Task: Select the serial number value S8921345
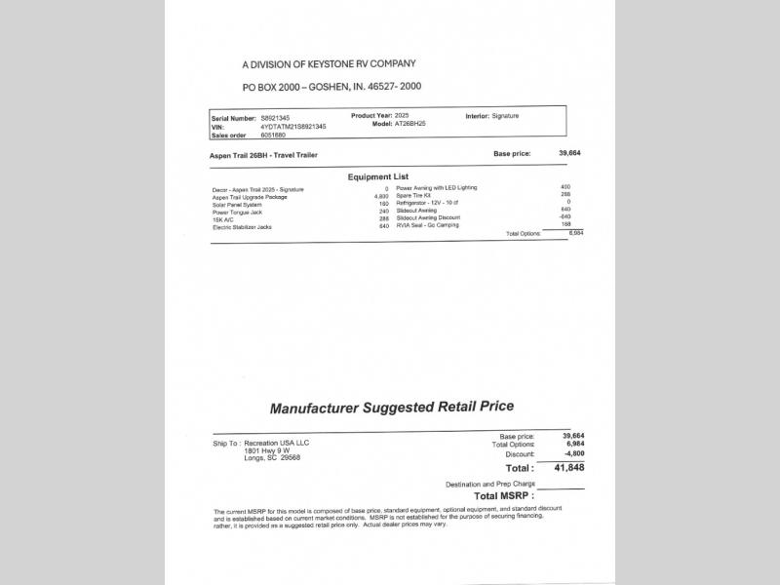[x=275, y=118]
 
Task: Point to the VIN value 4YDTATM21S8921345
[x=293, y=127]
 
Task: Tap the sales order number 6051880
[x=273, y=136]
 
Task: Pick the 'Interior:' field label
[x=477, y=116]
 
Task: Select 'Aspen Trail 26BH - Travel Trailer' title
[x=263, y=155]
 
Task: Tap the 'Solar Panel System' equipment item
[x=237, y=204]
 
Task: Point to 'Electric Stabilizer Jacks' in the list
[x=243, y=227]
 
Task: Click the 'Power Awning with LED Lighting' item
[x=437, y=187]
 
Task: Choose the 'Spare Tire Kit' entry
[x=413, y=195]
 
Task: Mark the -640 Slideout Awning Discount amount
[x=565, y=217]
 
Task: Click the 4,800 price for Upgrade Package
[x=381, y=196]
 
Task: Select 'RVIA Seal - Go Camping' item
[x=427, y=225]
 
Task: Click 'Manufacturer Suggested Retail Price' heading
[x=391, y=408]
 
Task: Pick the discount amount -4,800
[x=575, y=454]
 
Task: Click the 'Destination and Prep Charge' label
[x=489, y=484]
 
